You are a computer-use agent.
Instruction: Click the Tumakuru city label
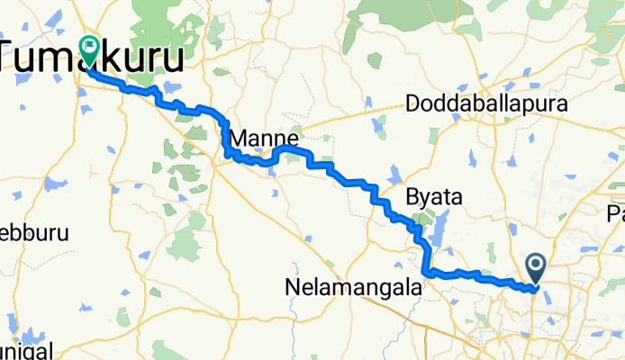tap(95, 56)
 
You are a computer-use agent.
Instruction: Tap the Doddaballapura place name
tap(488, 104)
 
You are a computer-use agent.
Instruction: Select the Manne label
tap(264, 139)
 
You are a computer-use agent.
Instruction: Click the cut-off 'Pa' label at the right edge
tap(616, 214)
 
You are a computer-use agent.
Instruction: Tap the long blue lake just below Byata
tap(439, 232)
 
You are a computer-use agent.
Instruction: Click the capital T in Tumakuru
tap(13, 56)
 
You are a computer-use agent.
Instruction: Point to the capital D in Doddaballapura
tap(413, 104)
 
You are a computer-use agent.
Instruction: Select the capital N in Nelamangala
tap(292, 289)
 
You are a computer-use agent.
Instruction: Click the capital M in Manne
tap(240, 139)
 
